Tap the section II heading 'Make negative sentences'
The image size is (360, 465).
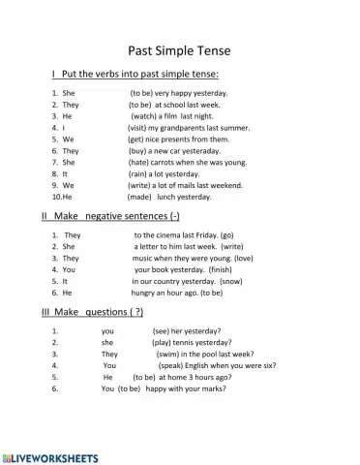pos(121,216)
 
